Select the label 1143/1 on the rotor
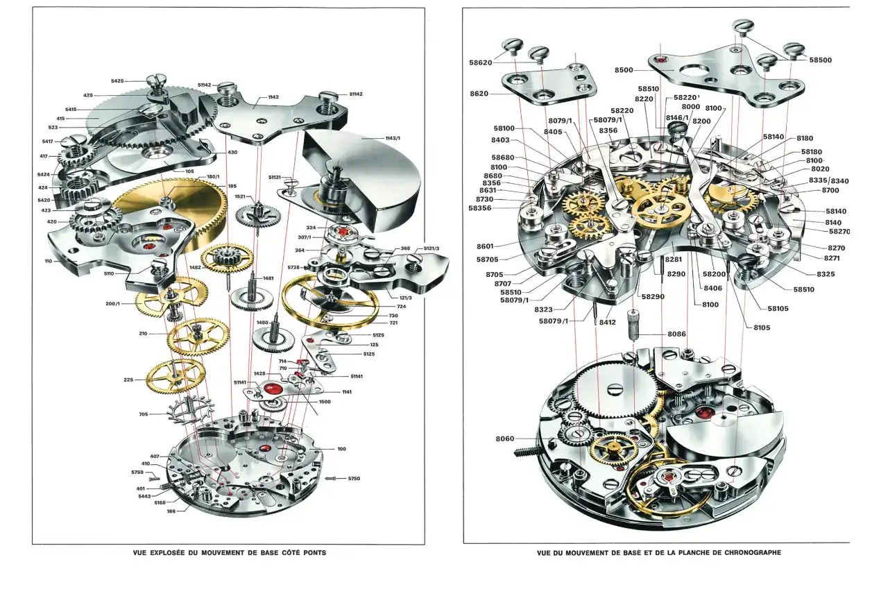[393, 139]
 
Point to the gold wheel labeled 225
[176, 375]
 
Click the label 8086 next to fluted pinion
[676, 334]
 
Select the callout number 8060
[505, 439]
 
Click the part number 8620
[479, 94]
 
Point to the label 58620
[481, 62]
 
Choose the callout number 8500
[624, 70]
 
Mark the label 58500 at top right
[820, 60]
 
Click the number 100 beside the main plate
[341, 449]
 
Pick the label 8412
[607, 322]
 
